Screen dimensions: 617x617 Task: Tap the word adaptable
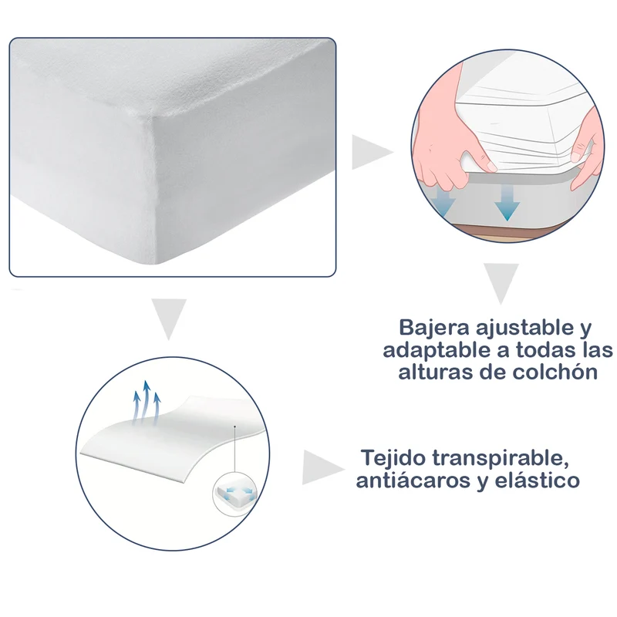(437, 351)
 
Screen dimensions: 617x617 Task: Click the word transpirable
(501, 459)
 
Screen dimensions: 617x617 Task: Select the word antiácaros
(413, 480)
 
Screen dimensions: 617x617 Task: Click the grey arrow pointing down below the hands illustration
(501, 283)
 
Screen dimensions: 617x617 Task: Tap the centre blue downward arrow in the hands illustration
(507, 203)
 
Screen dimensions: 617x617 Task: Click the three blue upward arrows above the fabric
(147, 403)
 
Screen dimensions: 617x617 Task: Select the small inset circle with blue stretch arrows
(234, 492)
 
